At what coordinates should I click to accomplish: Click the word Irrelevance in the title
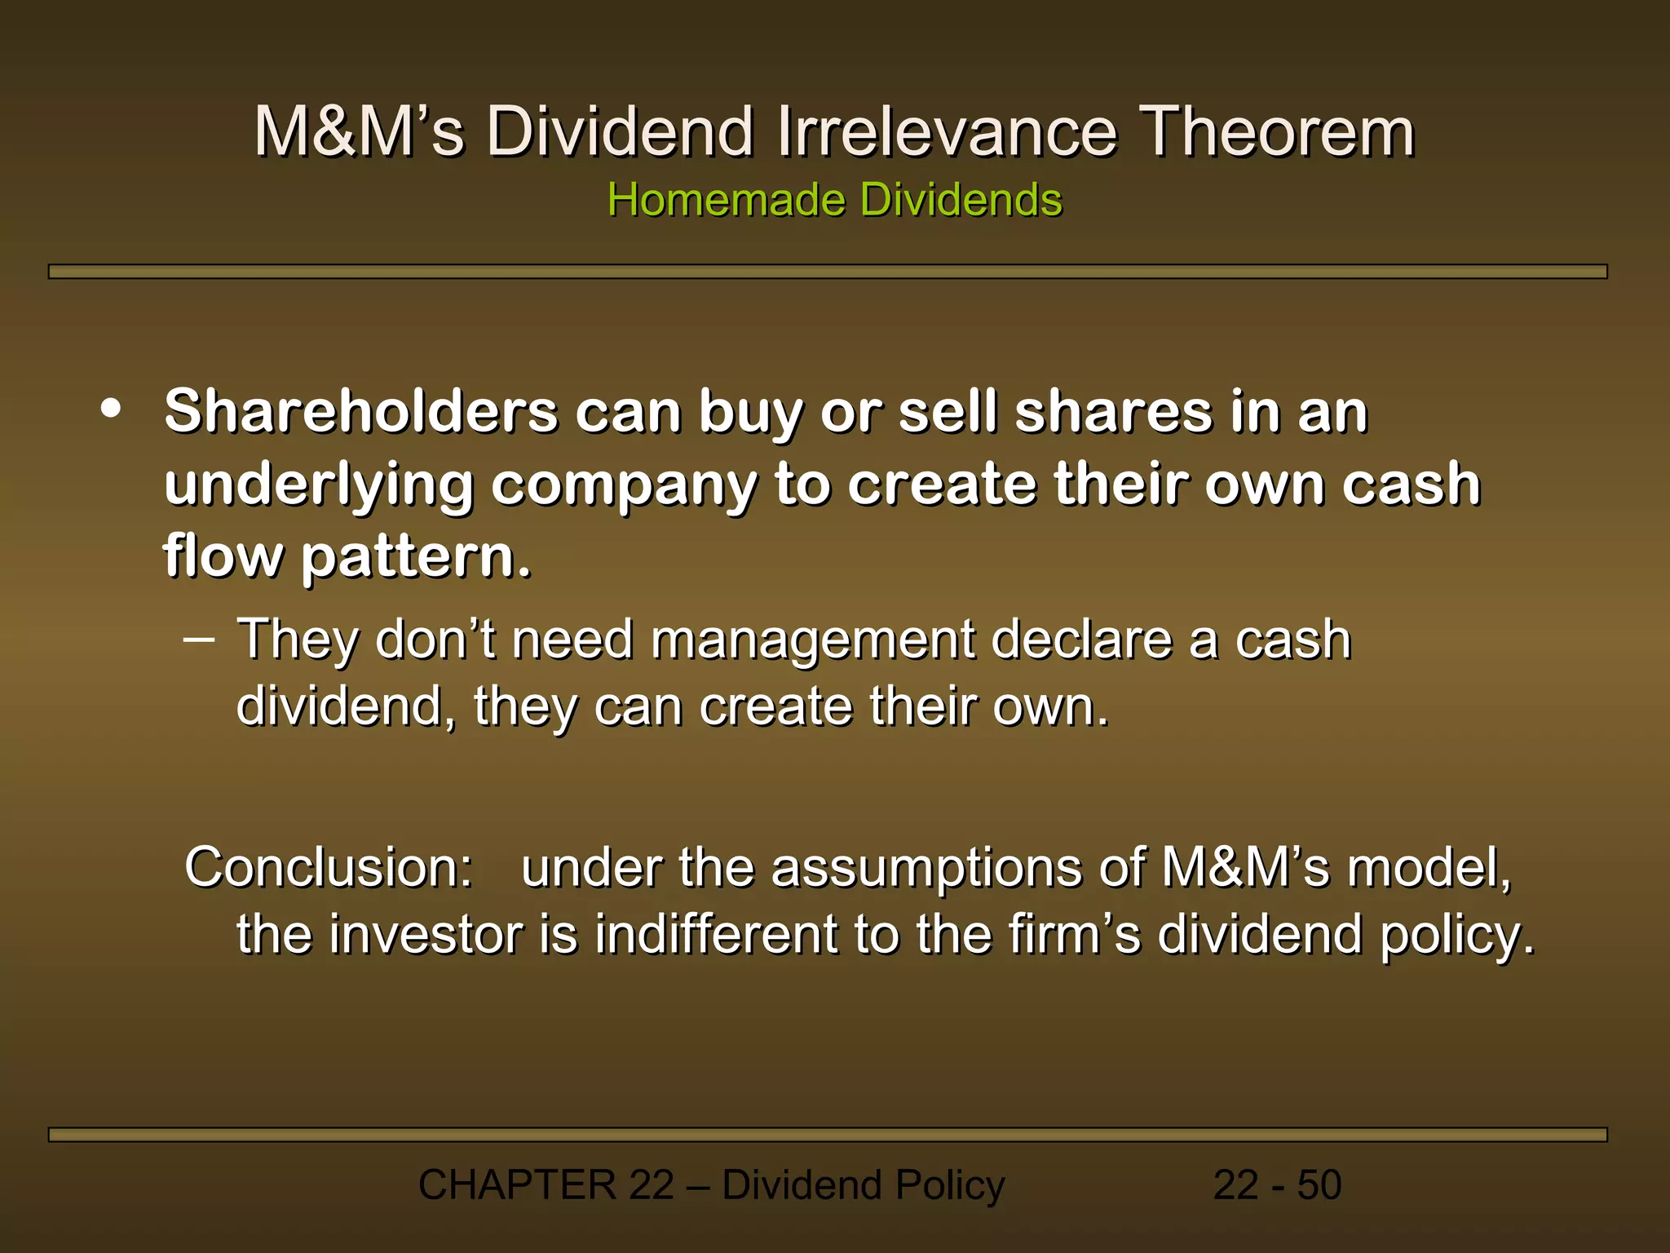pos(946,132)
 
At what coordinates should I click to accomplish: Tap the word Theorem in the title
pos(1276,132)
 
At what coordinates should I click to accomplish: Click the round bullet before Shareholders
pos(111,410)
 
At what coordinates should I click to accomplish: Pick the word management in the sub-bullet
pos(812,640)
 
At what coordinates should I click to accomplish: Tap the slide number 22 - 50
pos(1277,1185)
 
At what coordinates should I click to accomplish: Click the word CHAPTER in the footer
pos(517,1185)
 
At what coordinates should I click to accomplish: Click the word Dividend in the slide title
pos(620,132)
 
